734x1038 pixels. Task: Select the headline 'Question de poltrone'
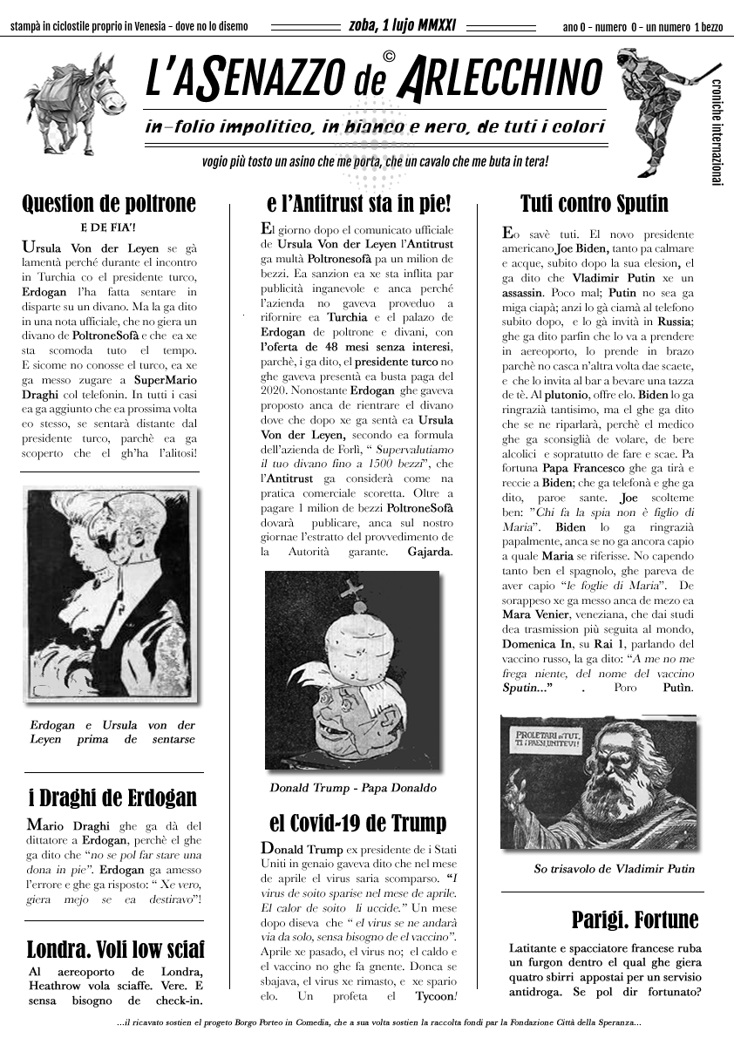pos(109,204)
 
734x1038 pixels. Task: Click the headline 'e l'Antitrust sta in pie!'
pos(359,204)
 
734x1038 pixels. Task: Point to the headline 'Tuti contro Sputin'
pos(594,204)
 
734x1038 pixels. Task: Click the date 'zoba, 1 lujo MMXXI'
pos(403,25)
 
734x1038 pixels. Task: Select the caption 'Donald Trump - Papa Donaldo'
pos(353,788)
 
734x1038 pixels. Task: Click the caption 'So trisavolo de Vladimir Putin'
pos(615,868)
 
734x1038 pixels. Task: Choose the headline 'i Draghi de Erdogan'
pos(112,797)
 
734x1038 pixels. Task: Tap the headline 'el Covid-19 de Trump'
pos(357,823)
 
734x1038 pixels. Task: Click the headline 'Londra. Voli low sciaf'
pos(116,948)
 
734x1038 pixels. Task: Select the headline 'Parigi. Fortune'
pos(635,919)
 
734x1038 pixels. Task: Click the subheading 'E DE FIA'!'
pos(111,228)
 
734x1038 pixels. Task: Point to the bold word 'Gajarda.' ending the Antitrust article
pos(430,552)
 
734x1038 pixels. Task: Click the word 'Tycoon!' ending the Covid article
pos(434,996)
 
